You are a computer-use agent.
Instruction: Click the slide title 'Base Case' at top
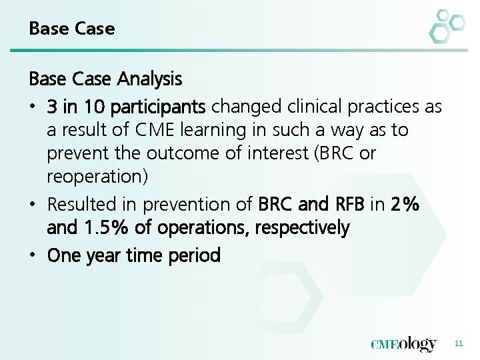72,29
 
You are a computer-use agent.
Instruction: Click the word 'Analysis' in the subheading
150,79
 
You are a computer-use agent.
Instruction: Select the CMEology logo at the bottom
404,344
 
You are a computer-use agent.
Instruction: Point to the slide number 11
458,344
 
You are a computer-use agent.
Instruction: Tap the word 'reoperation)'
97,177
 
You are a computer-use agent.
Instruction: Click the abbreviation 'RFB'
349,203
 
